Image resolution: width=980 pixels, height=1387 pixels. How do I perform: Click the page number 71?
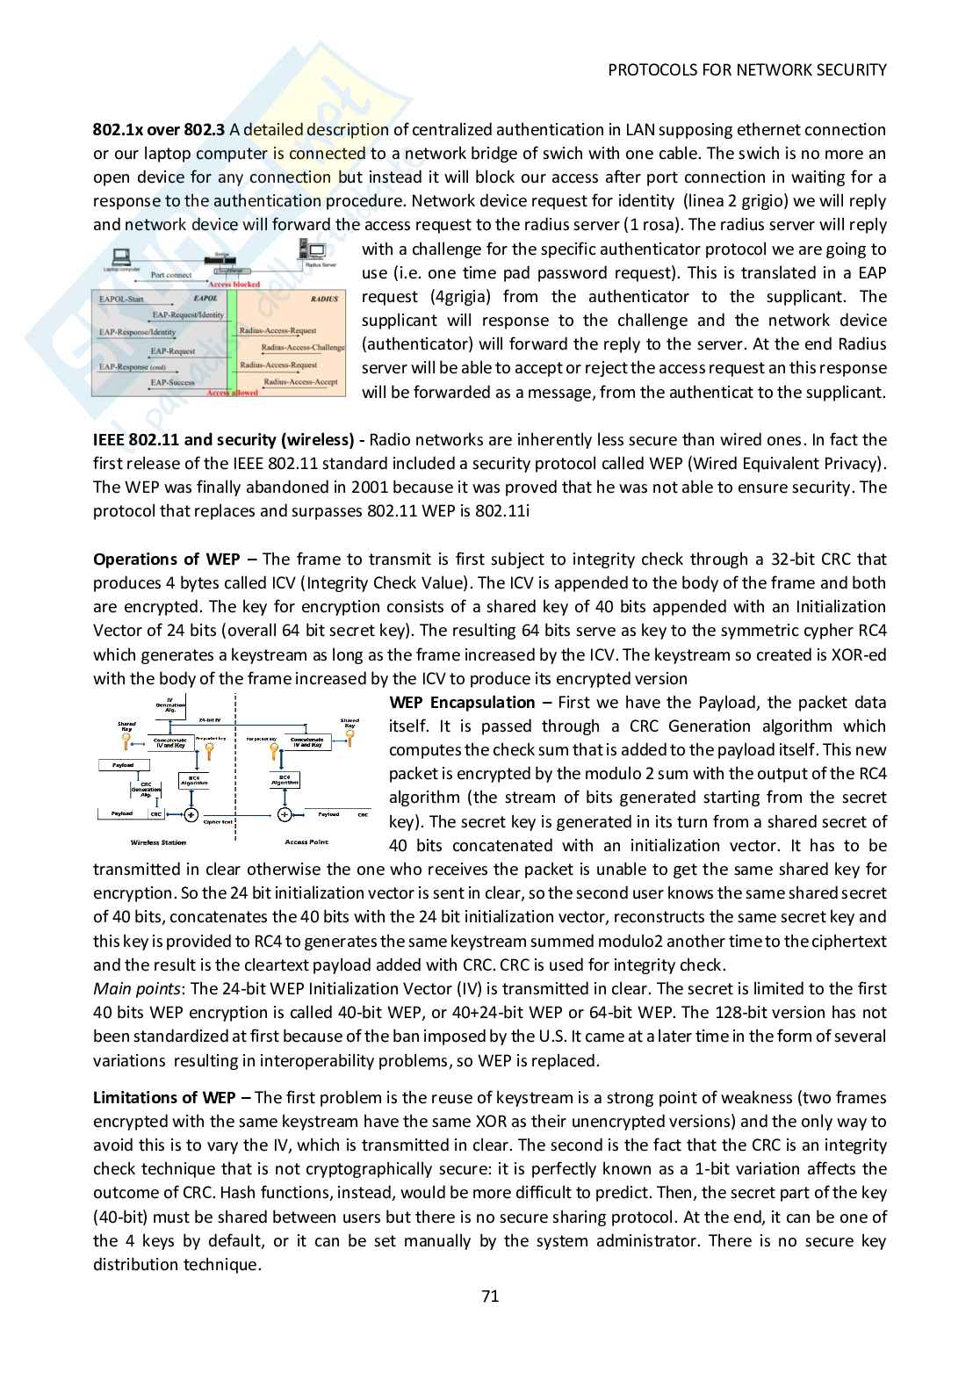(x=490, y=1296)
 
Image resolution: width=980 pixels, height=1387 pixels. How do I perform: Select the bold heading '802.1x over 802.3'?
(x=159, y=130)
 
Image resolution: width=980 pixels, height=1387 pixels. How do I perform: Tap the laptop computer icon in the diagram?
(x=121, y=256)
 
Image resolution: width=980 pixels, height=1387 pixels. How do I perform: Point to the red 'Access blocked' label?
(x=234, y=285)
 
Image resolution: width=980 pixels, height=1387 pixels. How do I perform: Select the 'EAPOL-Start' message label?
(x=121, y=300)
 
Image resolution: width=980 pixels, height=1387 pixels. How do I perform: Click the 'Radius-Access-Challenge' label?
(x=303, y=348)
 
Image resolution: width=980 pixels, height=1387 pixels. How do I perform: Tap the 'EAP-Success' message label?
(x=172, y=382)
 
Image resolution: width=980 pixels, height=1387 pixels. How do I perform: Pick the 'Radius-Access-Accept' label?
(x=300, y=382)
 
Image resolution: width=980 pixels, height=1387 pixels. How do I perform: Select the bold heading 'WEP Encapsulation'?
(x=462, y=703)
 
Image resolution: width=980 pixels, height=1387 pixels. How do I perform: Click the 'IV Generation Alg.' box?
(x=169, y=704)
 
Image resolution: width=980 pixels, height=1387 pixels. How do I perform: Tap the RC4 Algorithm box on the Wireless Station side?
(x=193, y=779)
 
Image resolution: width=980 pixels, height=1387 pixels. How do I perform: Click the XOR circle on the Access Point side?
(x=284, y=814)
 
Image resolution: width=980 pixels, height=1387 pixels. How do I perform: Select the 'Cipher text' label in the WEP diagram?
(x=218, y=822)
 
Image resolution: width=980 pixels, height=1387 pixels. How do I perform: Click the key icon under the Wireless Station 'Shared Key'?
(x=127, y=742)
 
